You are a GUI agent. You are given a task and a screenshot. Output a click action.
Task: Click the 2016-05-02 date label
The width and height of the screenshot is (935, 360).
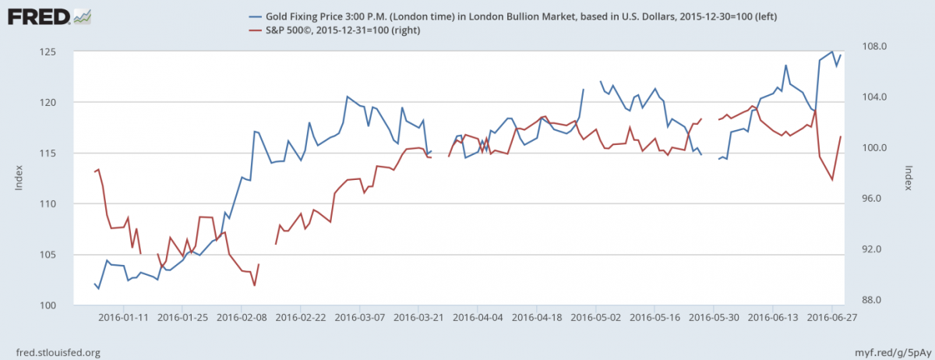point(596,318)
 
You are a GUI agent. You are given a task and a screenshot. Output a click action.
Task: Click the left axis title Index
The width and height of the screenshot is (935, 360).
point(19,178)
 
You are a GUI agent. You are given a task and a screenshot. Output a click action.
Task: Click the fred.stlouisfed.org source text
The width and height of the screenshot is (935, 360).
point(54,352)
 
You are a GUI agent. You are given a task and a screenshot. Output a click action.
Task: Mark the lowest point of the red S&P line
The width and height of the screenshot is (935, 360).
point(254,286)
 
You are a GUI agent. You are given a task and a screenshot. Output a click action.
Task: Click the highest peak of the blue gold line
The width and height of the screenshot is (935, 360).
point(832,52)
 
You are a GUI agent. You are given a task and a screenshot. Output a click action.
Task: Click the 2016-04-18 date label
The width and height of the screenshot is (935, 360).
point(537,318)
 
